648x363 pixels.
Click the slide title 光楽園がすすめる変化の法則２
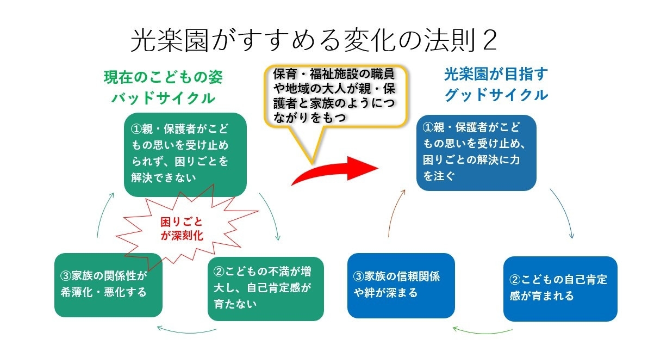[314, 40]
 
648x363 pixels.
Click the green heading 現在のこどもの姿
[163, 77]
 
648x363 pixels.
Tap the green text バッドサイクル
[163, 97]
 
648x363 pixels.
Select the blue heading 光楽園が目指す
[496, 74]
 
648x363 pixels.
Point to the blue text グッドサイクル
[496, 95]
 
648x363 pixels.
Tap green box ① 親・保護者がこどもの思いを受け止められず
[185, 155]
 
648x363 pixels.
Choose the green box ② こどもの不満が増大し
[265, 288]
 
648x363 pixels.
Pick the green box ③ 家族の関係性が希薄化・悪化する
[108, 285]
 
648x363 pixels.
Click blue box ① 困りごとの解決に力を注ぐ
[476, 153]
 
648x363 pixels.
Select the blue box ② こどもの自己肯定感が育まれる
[560, 288]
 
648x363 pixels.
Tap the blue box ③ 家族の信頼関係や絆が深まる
[401, 286]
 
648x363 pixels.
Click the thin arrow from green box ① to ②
[273, 215]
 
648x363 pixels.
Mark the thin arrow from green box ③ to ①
[103, 213]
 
